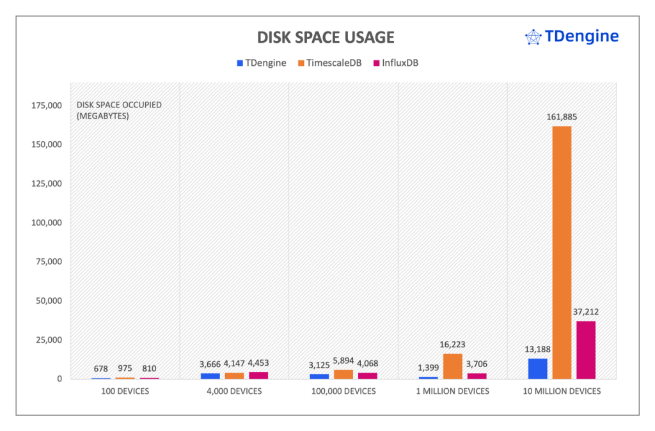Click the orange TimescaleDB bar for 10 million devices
tap(562, 252)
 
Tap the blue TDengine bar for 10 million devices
tap(537, 368)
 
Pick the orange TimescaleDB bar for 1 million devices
tap(452, 366)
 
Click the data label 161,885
tap(562, 117)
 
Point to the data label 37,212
tap(586, 311)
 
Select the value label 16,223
tap(452, 345)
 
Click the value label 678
tap(100, 368)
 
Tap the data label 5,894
tap(343, 361)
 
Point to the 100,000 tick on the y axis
tap(46, 223)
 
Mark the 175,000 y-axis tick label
tap(46, 106)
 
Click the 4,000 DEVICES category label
tap(234, 391)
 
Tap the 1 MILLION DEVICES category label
tap(452, 391)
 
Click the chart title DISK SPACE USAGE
tap(326, 37)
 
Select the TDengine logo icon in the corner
tap(533, 37)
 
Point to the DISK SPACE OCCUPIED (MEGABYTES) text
tap(111, 111)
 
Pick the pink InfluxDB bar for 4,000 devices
tap(258, 375)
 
